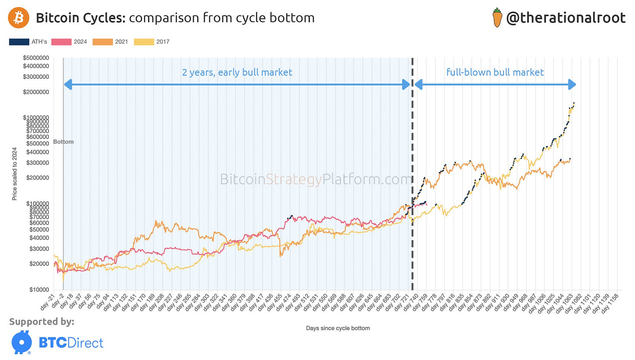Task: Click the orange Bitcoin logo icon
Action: point(19,18)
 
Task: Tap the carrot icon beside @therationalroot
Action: point(497,17)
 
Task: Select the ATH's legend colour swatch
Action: point(19,42)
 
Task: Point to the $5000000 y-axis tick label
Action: point(36,58)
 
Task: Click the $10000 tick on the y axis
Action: point(39,290)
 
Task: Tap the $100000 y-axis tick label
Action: point(38,204)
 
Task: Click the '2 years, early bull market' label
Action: point(237,72)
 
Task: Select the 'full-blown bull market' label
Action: point(495,72)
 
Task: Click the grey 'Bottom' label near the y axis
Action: point(63,142)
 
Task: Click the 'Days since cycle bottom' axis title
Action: point(338,328)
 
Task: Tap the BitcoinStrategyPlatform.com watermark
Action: point(316,179)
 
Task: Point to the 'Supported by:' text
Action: point(41,322)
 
